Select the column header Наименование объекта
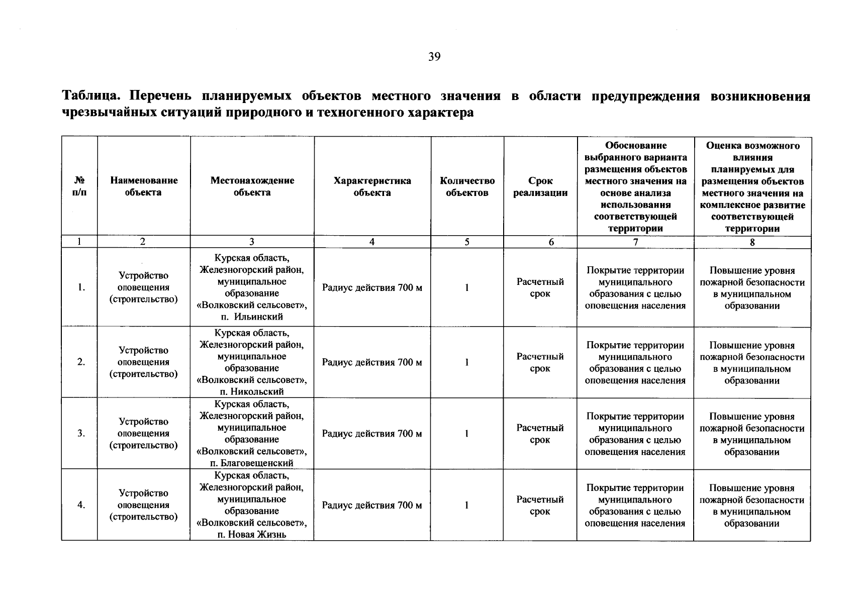pyautogui.click(x=144, y=186)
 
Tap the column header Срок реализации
pyautogui.click(x=540, y=186)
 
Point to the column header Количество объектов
pyautogui.click(x=467, y=186)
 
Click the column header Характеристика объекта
pyautogui.click(x=372, y=186)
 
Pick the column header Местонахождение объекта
pyautogui.click(x=252, y=186)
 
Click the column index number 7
pyautogui.click(x=635, y=242)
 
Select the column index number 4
pyautogui.click(x=372, y=242)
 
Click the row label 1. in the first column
pyautogui.click(x=80, y=288)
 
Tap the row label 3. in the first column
pyautogui.click(x=80, y=434)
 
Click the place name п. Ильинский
pyautogui.click(x=252, y=317)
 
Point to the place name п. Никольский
pyautogui.click(x=252, y=391)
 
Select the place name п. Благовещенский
pyautogui.click(x=252, y=463)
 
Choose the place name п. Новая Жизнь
pyautogui.click(x=252, y=535)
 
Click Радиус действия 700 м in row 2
pyautogui.click(x=372, y=362)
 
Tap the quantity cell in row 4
pyautogui.click(x=467, y=506)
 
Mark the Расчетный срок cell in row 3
pyautogui.click(x=540, y=434)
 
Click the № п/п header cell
pyautogui.click(x=79, y=186)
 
